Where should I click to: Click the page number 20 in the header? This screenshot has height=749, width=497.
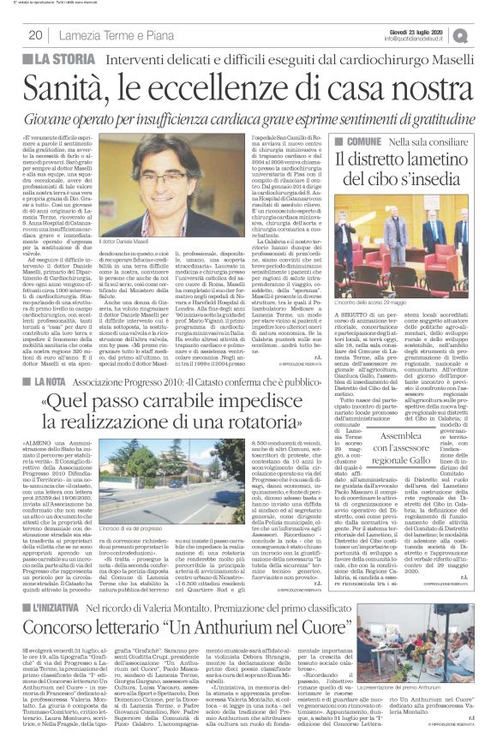tap(35, 34)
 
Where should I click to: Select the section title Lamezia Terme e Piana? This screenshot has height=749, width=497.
tap(116, 35)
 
